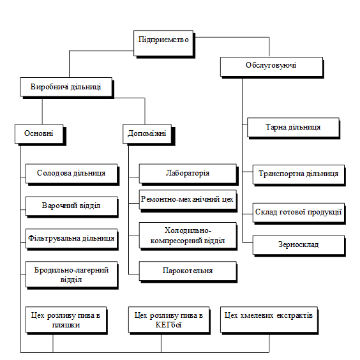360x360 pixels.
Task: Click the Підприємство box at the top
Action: (164, 43)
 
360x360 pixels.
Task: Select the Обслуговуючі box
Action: (272, 68)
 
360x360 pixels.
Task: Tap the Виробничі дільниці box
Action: (67, 87)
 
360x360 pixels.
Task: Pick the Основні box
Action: (40, 135)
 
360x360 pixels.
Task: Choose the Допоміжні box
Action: (149, 135)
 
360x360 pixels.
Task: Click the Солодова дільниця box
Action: (72, 174)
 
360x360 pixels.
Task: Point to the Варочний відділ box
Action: (72, 207)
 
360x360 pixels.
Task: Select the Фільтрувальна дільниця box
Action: (72, 239)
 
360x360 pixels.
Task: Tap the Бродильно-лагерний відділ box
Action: (72, 275)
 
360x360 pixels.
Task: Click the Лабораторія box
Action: (188, 174)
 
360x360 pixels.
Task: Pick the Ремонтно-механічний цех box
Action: (188, 200)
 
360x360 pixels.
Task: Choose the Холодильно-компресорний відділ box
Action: (188, 236)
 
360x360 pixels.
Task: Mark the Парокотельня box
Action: (188, 272)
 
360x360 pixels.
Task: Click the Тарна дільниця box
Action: (294, 128)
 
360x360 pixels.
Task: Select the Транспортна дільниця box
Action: (299, 175)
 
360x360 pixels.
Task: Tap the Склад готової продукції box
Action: (299, 214)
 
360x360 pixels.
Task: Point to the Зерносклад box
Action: (299, 246)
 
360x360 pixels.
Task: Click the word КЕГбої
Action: (169, 325)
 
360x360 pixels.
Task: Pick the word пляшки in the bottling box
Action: (66, 326)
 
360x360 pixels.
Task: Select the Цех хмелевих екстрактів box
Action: (269, 320)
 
